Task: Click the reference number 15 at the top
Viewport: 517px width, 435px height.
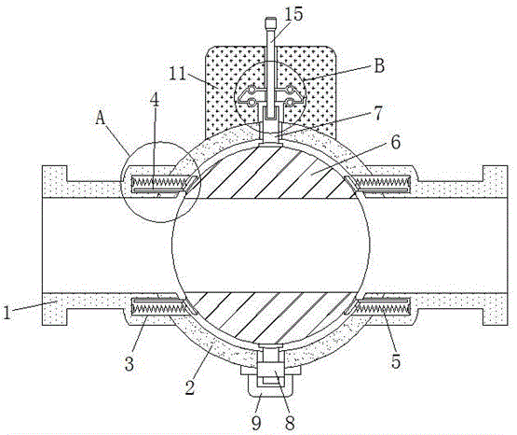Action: tap(293, 15)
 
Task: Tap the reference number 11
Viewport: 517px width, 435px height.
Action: tap(178, 74)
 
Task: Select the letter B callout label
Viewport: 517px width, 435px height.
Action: tap(379, 65)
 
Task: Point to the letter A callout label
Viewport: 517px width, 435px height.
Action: tap(101, 118)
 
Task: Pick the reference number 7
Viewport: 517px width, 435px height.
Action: tap(378, 114)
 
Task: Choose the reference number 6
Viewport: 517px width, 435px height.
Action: tap(395, 142)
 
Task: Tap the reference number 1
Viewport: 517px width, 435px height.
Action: tap(7, 313)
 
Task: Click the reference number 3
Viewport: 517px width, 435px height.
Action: tap(129, 363)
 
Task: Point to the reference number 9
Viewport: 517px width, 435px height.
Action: tap(256, 422)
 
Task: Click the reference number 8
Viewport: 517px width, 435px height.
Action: tap(290, 423)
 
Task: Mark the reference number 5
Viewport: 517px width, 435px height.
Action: tap(396, 361)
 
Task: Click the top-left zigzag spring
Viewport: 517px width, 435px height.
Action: tap(160, 181)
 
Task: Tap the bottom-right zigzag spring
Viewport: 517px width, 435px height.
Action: tap(384, 308)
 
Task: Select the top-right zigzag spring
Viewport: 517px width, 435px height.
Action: tap(382, 181)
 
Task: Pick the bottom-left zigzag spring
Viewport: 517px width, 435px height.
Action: tap(159, 308)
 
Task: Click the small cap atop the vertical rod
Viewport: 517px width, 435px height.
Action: tap(270, 22)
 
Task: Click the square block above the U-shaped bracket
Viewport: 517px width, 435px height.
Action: tap(270, 369)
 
